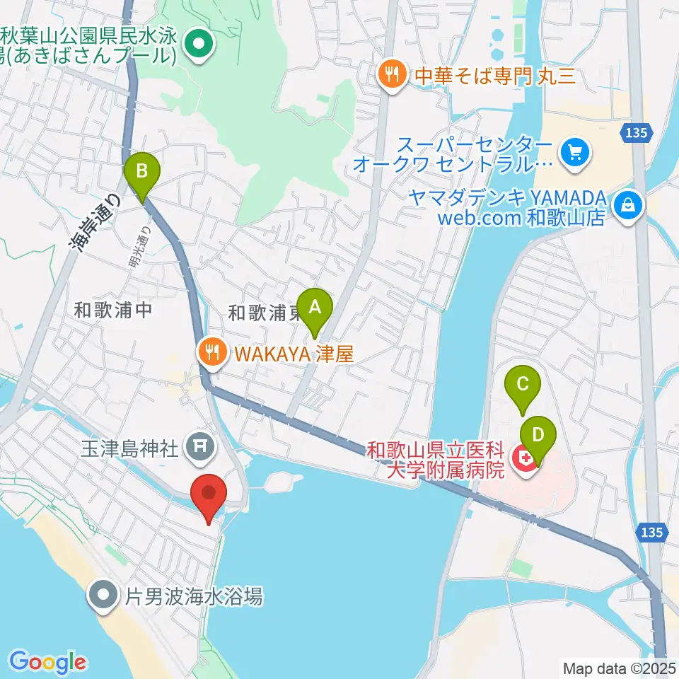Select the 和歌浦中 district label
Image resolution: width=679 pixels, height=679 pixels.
point(113,310)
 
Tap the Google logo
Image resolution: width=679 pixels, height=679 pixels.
point(47,661)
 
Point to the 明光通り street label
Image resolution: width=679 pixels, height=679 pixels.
point(139,247)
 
